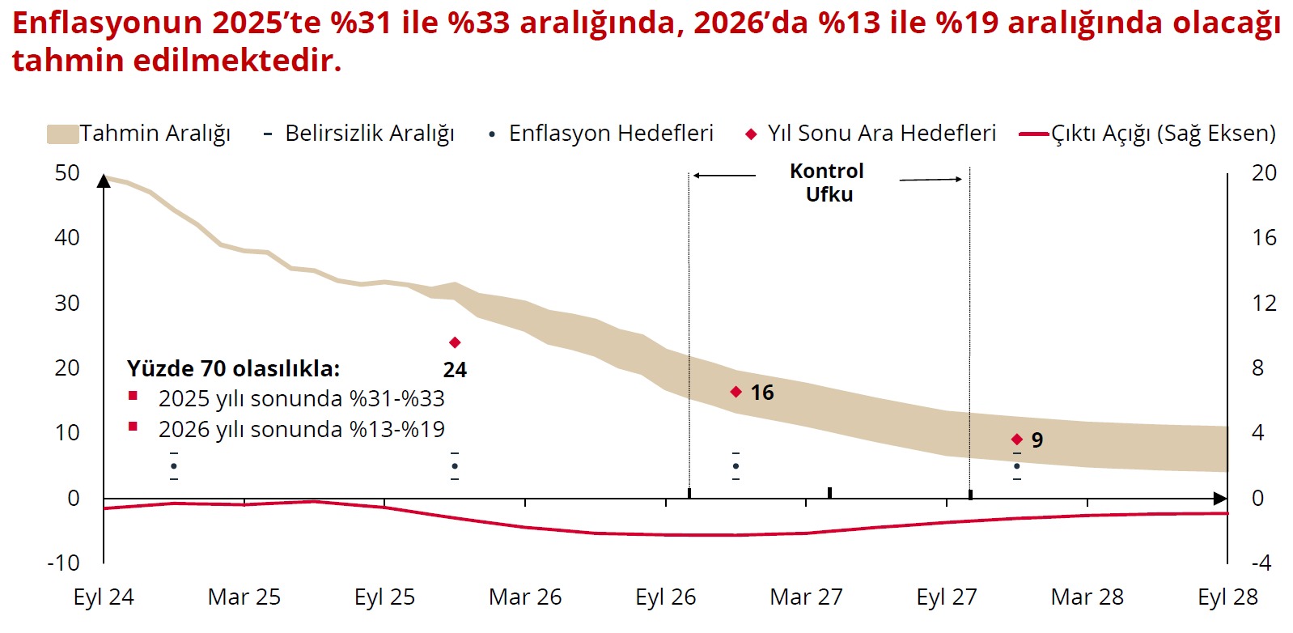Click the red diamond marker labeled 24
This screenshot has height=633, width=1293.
click(455, 343)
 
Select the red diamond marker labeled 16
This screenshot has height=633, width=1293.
click(736, 392)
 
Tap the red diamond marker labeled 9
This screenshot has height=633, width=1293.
click(1017, 440)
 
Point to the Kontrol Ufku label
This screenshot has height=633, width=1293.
click(828, 183)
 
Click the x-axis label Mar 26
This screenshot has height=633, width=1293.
click(525, 597)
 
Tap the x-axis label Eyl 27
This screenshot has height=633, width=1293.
click(947, 597)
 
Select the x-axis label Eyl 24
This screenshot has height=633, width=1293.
click(104, 597)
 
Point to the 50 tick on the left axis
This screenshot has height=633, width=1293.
click(67, 173)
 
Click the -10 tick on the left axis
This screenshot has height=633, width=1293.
click(63, 563)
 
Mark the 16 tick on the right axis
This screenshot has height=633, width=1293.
click(1264, 238)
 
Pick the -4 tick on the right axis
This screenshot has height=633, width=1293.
click(1261, 563)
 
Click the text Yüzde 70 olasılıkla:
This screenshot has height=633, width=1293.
click(233, 369)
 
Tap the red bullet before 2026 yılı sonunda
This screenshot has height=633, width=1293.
click(134, 427)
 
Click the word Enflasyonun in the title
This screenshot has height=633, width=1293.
click(107, 23)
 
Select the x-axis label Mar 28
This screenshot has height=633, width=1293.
click(1087, 597)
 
